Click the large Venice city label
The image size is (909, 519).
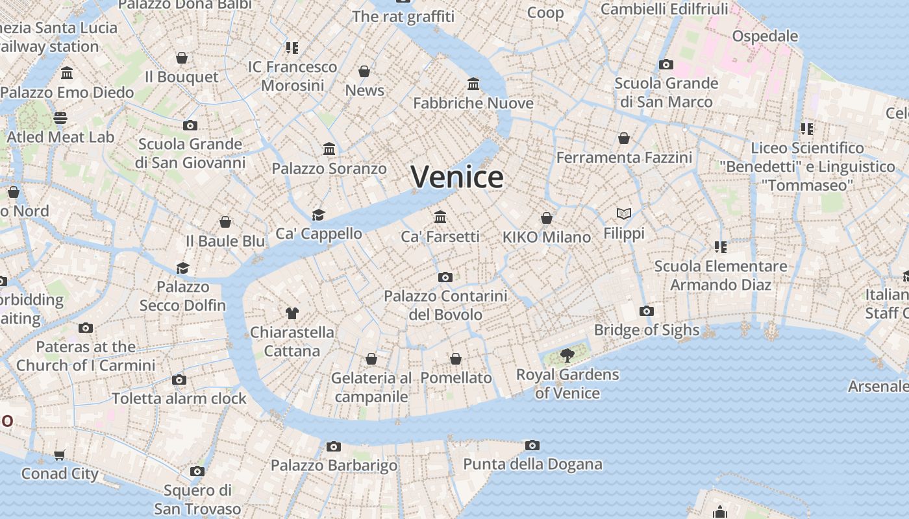click(x=457, y=176)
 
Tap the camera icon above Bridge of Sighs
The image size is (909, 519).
click(x=646, y=311)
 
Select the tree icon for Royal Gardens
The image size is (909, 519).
click(x=567, y=355)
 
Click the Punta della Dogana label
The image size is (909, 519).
click(x=532, y=465)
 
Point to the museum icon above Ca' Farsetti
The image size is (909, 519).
click(x=440, y=217)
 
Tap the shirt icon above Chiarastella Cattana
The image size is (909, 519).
click(x=292, y=313)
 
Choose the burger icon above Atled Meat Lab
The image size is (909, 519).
click(x=60, y=117)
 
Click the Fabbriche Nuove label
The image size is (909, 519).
click(x=473, y=103)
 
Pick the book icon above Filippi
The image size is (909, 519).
click(x=623, y=213)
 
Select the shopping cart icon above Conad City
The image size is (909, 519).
click(x=60, y=455)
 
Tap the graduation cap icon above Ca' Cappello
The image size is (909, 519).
click(x=318, y=215)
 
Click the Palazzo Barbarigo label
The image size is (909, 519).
click(x=334, y=465)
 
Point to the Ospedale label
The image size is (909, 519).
click(x=765, y=36)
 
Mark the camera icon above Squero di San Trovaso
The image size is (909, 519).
click(x=197, y=471)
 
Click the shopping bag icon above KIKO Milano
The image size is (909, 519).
click(x=547, y=218)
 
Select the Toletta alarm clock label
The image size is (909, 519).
click(x=179, y=398)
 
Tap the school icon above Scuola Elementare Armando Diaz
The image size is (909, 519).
click(x=720, y=247)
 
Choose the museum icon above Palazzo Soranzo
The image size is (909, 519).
click(x=329, y=149)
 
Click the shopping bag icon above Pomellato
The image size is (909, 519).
click(x=456, y=359)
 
